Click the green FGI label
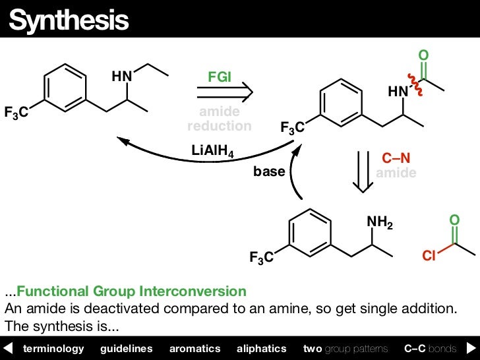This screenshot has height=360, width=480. pyautogui.click(x=220, y=76)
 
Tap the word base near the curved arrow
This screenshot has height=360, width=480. pyautogui.click(x=269, y=172)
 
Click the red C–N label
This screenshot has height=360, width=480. pyautogui.click(x=396, y=159)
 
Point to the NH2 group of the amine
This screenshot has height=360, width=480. pyautogui.click(x=380, y=224)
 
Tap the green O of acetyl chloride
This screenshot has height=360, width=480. pyautogui.click(x=454, y=219)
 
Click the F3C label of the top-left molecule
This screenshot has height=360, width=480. pyautogui.click(x=16, y=113)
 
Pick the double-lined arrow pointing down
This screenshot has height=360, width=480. pyautogui.click(x=361, y=172)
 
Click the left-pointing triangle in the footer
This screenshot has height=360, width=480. pyautogui.click(x=8, y=348)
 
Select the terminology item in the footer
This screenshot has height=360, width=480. pyautogui.click(x=53, y=348)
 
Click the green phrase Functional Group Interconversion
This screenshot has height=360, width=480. pyautogui.click(x=131, y=291)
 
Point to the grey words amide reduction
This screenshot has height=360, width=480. pyautogui.click(x=220, y=119)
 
